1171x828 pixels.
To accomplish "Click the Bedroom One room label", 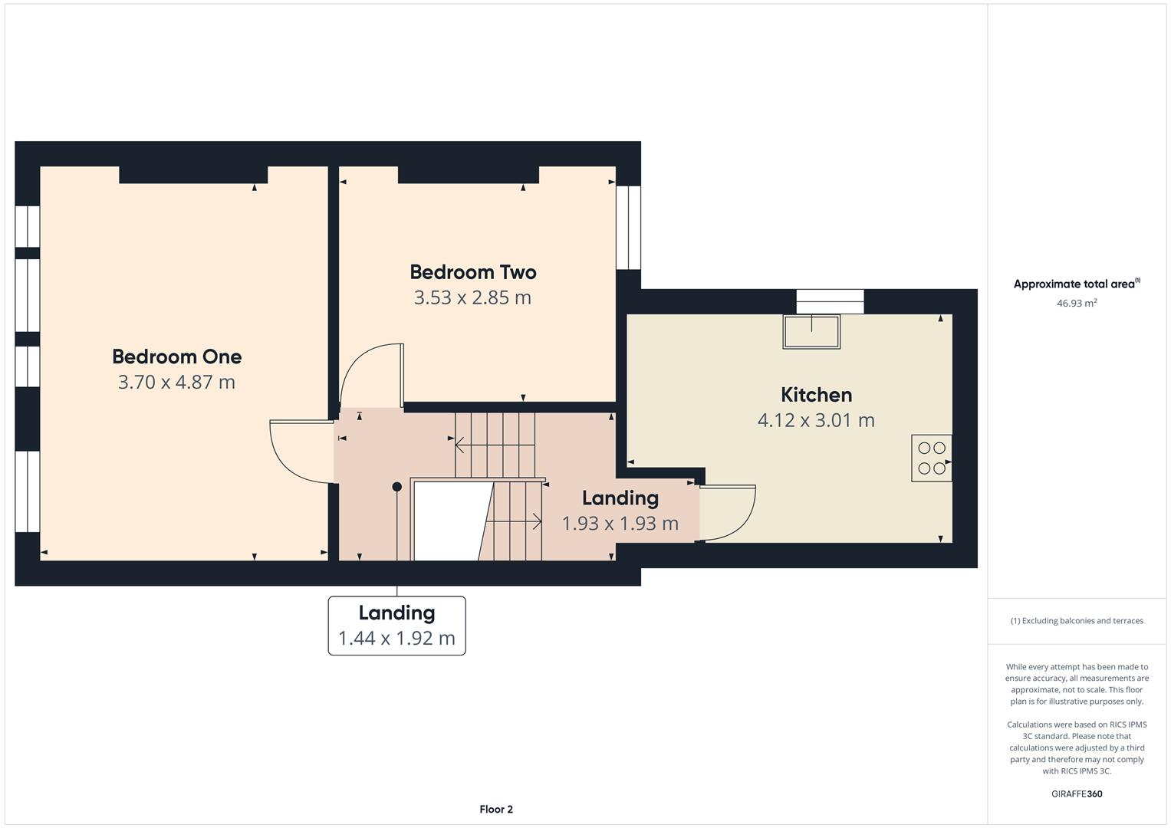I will pos(176,356).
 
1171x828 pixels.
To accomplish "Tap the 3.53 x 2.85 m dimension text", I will pos(472,297).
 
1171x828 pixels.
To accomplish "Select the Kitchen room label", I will pos(816,395).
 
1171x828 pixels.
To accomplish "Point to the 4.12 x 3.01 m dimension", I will pos(816,420).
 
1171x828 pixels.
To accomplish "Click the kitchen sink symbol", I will pos(811,331).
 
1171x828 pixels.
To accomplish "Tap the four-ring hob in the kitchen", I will pos(931,458).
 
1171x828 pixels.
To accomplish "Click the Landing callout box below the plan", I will pos(396,626).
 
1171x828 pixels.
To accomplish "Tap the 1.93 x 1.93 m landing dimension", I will pos(620,524).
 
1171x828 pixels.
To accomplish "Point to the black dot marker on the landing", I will pos(396,487).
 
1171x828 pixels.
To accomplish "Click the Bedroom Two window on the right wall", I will pos(628,227).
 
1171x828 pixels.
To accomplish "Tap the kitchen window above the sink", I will pos(830,301).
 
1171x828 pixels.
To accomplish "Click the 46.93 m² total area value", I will pos(1076,303).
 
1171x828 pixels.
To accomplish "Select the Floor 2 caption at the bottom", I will pos(495,809).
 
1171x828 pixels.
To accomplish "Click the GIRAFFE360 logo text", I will pos(1076,793).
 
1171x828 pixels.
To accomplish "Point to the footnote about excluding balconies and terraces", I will pos(1076,621).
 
